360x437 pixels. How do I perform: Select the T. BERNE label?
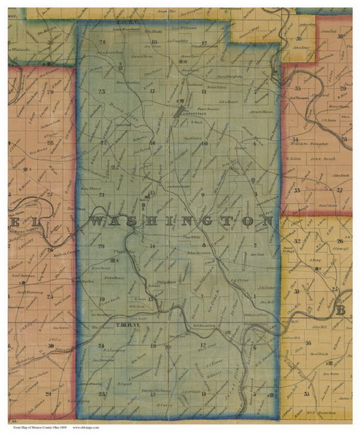(107, 326)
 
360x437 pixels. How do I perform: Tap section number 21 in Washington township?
(103, 196)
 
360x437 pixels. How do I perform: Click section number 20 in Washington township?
(101, 246)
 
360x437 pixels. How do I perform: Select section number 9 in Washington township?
(201, 196)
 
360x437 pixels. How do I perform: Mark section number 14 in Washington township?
(152, 246)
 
